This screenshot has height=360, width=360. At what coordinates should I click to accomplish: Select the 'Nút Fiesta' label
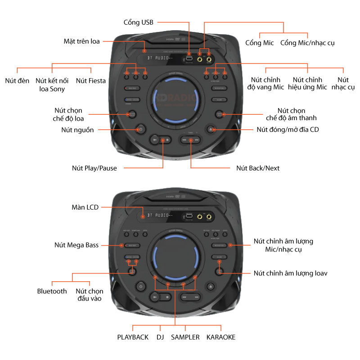point(91,81)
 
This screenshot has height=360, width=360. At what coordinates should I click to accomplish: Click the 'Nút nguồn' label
point(77,130)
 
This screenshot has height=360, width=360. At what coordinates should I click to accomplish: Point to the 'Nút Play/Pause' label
point(94,168)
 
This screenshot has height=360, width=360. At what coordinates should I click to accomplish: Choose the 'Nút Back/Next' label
point(258,168)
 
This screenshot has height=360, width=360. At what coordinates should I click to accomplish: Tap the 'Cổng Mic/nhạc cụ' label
point(307,43)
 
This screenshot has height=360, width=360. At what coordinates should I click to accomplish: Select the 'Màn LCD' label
point(85,207)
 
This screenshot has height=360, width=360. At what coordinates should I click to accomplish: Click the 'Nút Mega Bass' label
point(76,245)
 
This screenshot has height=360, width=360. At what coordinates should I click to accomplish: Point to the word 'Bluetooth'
point(52,291)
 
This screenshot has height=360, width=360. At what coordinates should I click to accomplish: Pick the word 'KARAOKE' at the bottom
point(220,337)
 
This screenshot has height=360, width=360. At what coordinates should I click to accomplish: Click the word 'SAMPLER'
point(185,337)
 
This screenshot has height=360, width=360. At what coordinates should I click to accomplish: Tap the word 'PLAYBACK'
point(133,337)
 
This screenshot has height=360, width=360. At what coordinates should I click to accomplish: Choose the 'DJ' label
point(160,337)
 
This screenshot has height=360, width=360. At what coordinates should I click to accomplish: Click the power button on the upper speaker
point(141,129)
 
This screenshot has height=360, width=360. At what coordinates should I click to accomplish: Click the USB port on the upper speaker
point(189,58)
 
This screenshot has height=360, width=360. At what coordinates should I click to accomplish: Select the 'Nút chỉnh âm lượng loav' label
point(290,273)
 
